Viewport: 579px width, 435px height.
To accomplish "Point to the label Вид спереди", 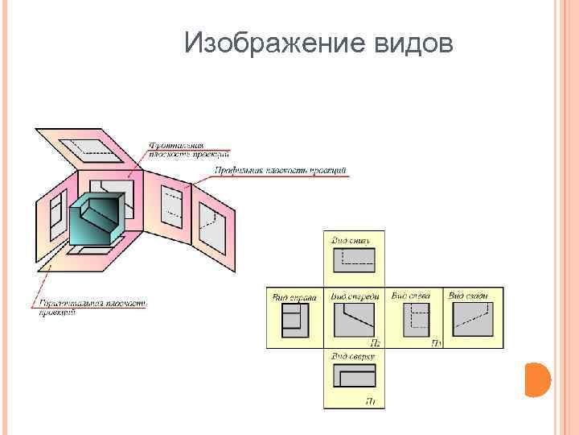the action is coord(354,296).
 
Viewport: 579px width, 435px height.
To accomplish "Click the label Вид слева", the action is coord(411,296).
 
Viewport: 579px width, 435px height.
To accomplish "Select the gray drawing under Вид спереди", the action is coord(354,321).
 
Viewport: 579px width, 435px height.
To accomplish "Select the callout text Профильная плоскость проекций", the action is coord(280,171).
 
